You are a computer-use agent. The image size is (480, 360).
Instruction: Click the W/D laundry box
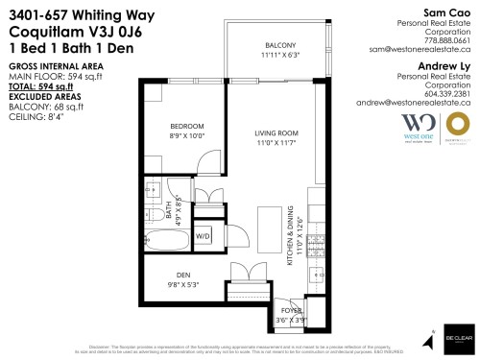204,234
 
